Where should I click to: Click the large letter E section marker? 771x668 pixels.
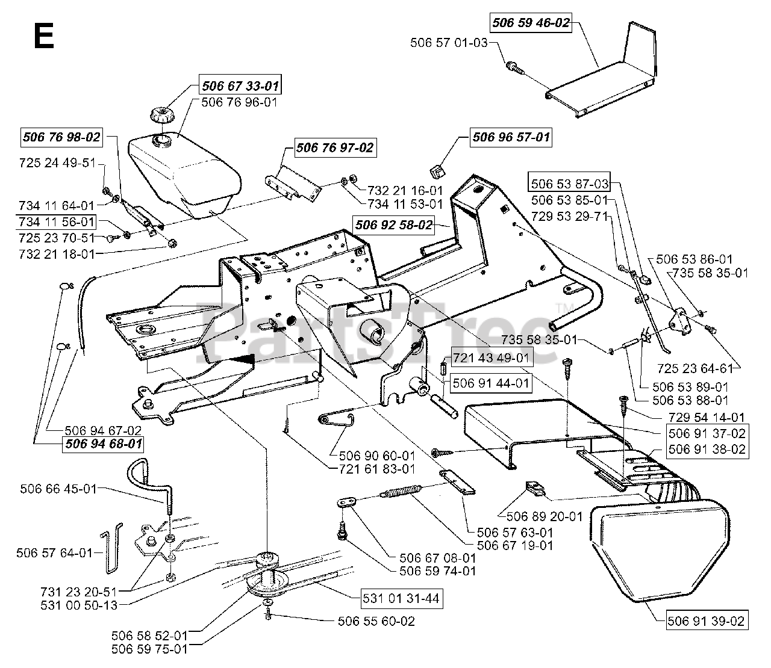tap(44, 36)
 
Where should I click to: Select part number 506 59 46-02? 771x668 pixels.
tap(531, 23)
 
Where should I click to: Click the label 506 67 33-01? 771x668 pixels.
tap(240, 86)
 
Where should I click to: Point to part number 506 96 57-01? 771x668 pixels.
tap(511, 137)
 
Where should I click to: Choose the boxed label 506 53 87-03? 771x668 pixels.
tap(569, 184)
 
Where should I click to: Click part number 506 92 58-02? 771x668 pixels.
tap(393, 225)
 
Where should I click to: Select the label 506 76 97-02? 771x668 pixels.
tap(334, 148)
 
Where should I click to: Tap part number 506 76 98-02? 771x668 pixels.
tap(61, 137)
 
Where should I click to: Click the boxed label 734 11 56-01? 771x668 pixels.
tap(57, 222)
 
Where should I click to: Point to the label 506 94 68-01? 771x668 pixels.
tap(104, 444)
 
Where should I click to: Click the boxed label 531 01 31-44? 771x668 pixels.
tap(401, 599)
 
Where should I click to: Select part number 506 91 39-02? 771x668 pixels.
tap(706, 622)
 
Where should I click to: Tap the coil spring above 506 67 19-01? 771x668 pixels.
tap(401, 491)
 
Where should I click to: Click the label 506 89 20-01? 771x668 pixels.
tap(544, 516)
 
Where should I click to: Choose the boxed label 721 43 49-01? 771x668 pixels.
tap(492, 358)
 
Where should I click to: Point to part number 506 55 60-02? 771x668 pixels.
tap(376, 622)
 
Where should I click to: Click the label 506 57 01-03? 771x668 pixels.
tap(449, 43)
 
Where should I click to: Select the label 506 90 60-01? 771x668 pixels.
tap(376, 456)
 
